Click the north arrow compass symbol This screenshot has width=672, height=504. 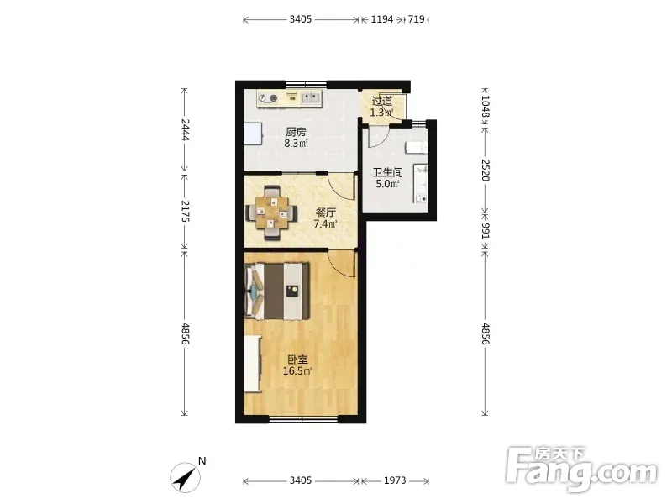(186, 477)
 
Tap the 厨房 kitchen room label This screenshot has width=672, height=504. (296, 132)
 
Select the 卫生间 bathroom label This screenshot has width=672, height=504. (387, 172)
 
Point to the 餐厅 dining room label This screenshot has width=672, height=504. (326, 213)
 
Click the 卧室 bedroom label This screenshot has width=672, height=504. (297, 360)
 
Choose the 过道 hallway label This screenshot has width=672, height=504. (382, 102)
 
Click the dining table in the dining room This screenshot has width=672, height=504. (271, 213)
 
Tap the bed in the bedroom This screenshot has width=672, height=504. (277, 291)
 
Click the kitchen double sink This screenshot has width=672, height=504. (311, 98)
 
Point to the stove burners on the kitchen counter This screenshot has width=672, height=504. (269, 98)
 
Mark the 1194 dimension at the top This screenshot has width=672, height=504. (382, 19)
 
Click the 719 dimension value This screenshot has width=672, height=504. (416, 19)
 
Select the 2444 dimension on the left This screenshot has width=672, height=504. (185, 129)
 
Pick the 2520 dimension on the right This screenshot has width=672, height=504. (486, 171)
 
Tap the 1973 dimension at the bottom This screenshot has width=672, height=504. (394, 480)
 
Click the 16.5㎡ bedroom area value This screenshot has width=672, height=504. (297, 371)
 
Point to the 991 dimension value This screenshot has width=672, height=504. (486, 231)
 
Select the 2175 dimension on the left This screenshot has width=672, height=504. (185, 211)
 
